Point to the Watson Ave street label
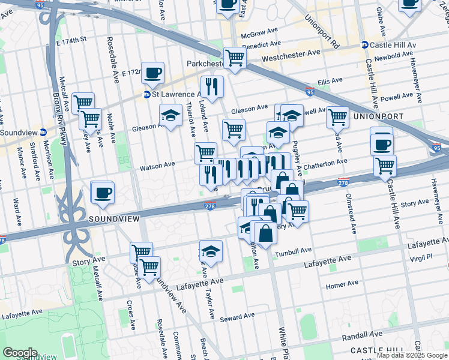[157, 164]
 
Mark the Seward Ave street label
[237, 317]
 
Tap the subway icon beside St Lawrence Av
[146, 94]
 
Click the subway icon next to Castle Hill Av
[364, 45]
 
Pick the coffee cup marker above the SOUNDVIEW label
[102, 192]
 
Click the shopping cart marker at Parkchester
[235, 58]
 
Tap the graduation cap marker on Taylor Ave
[211, 251]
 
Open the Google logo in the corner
[20, 353]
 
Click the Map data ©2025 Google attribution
[412, 355]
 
